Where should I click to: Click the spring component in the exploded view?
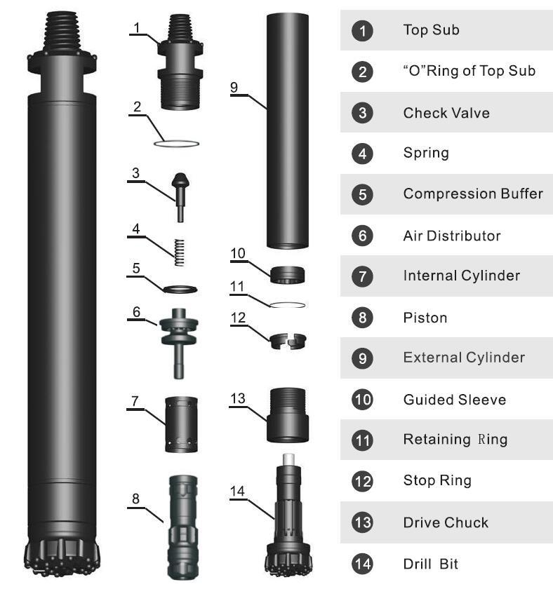[x=180, y=252]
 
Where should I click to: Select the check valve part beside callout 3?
[x=180, y=197]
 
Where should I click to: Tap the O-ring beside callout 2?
[x=176, y=144]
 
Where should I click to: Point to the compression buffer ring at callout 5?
[x=180, y=289]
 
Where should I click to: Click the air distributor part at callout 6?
[x=178, y=343]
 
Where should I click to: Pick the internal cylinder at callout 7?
[x=181, y=424]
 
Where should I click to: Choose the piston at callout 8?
[x=182, y=527]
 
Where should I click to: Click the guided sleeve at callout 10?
[x=288, y=275]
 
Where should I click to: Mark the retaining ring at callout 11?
[x=288, y=305]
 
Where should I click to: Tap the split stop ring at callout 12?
[x=288, y=341]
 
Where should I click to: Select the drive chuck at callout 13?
[x=288, y=415]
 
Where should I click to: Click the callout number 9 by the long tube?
[x=234, y=87]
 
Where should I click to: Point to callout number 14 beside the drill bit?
[x=237, y=491]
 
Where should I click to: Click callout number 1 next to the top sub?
[x=137, y=27]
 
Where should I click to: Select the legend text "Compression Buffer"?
[x=473, y=194]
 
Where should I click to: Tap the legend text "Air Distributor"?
[x=452, y=236]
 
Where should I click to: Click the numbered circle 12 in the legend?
[x=362, y=481]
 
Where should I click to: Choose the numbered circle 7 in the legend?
[x=362, y=276]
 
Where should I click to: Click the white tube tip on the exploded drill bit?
[x=288, y=459]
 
